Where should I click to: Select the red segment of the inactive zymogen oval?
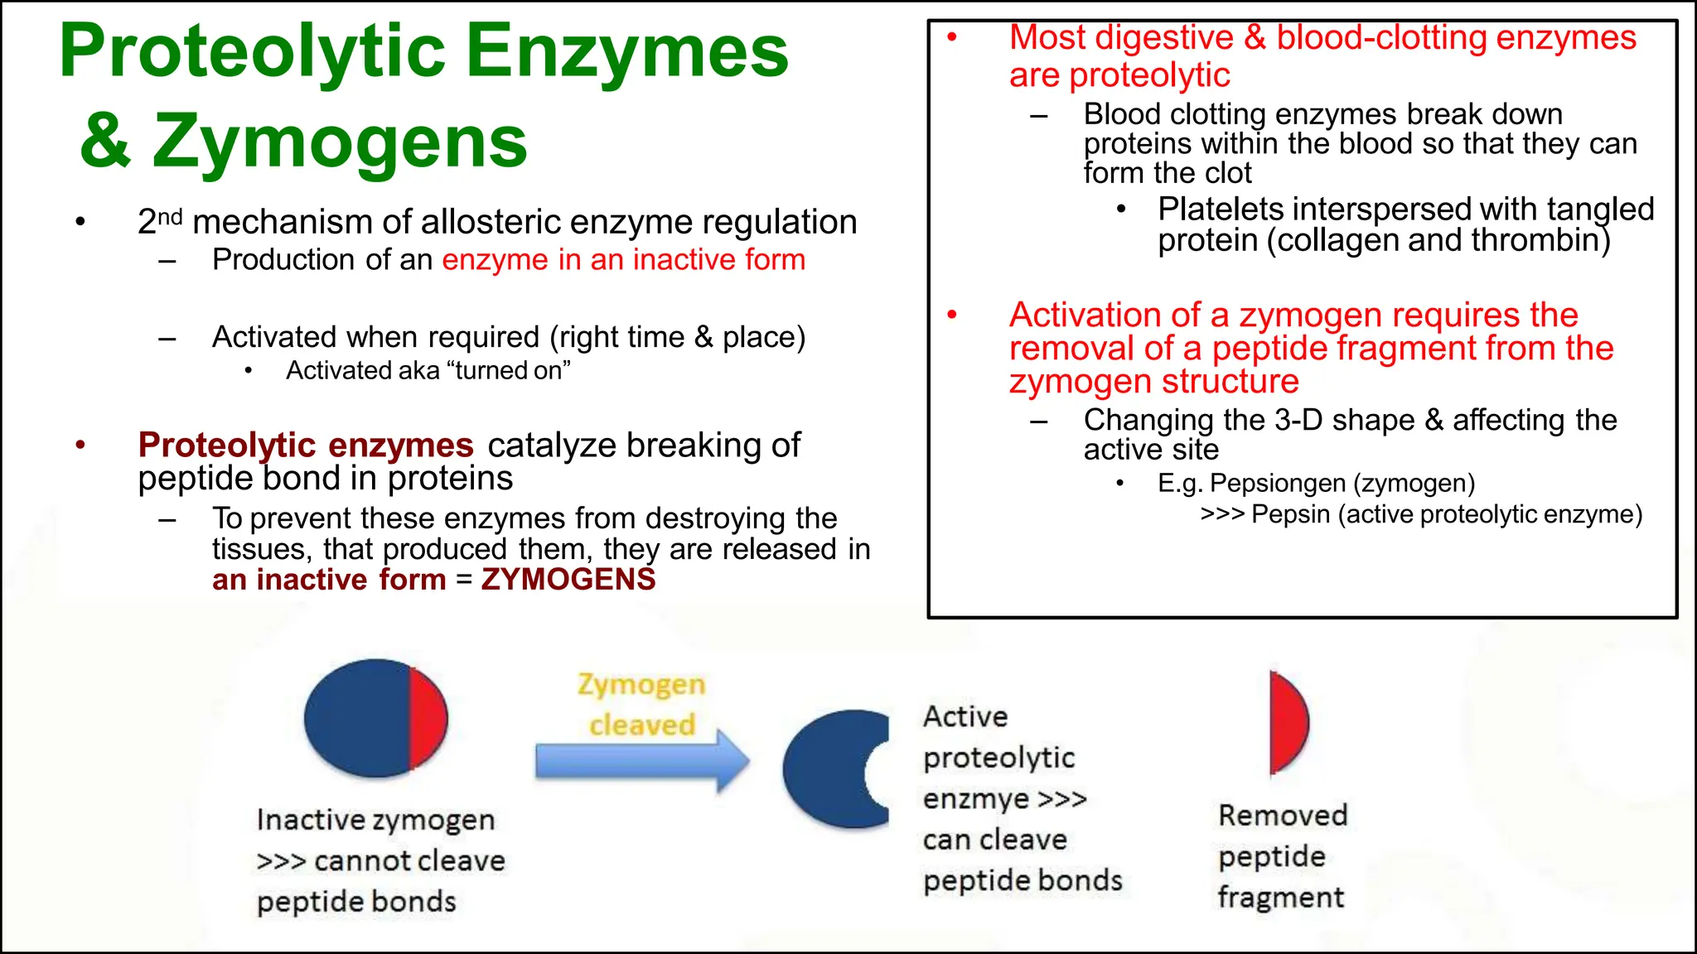click(428, 718)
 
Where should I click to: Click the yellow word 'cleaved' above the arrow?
click(642, 725)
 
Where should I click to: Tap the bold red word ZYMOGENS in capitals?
click(568, 580)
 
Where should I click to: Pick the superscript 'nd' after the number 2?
click(170, 217)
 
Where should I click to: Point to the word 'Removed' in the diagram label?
click(1283, 816)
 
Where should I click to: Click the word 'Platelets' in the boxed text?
click(1220, 210)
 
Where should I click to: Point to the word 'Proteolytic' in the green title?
click(252, 51)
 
